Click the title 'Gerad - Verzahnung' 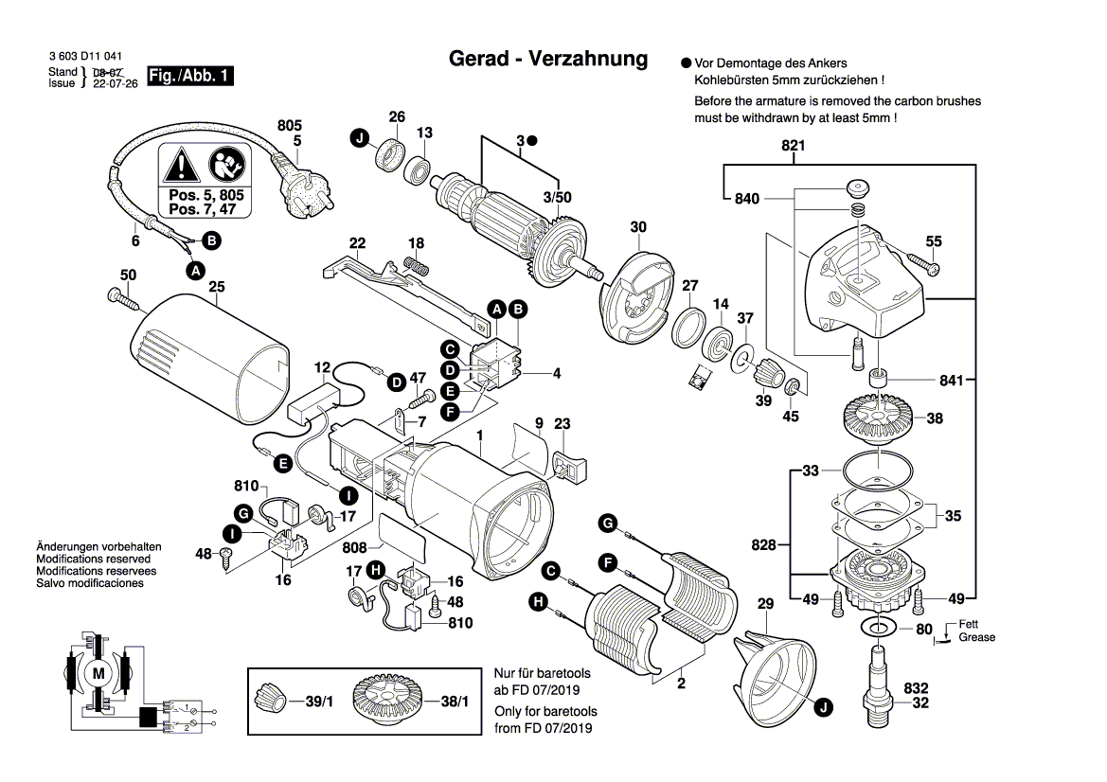(547, 60)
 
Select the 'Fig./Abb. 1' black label (190, 77)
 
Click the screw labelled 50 (123, 300)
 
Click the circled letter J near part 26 (359, 139)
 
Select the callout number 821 (793, 146)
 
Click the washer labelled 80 (880, 628)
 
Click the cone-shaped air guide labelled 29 (776, 667)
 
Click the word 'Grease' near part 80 (976, 637)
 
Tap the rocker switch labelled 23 (568, 465)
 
